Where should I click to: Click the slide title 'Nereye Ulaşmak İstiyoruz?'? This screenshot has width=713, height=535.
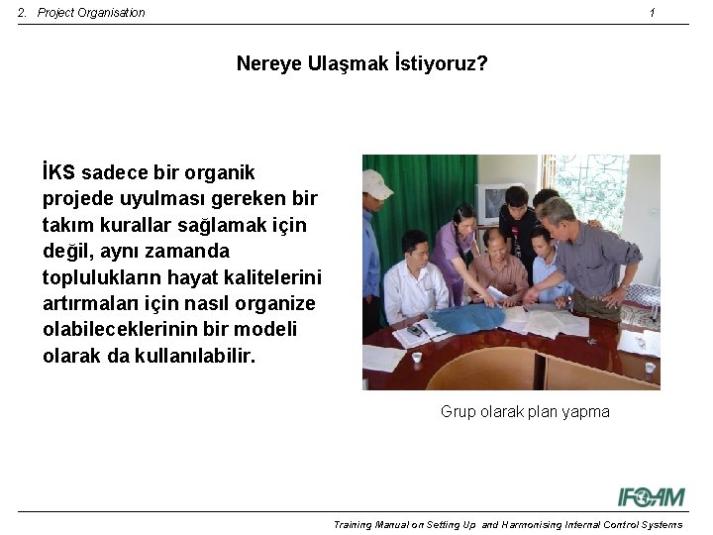click(x=361, y=64)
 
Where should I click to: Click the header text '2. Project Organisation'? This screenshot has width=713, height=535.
click(x=81, y=13)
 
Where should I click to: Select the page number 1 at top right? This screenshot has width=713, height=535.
click(x=652, y=13)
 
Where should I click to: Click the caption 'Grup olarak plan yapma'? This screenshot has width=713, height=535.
click(x=525, y=411)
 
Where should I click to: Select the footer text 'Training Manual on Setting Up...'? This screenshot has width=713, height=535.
click(x=507, y=525)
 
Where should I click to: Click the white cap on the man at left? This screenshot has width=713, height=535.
click(x=375, y=182)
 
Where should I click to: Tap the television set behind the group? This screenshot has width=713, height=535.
click(x=492, y=203)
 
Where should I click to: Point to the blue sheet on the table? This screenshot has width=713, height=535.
click(x=461, y=318)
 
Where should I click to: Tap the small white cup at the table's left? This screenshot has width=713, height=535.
click(x=417, y=358)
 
